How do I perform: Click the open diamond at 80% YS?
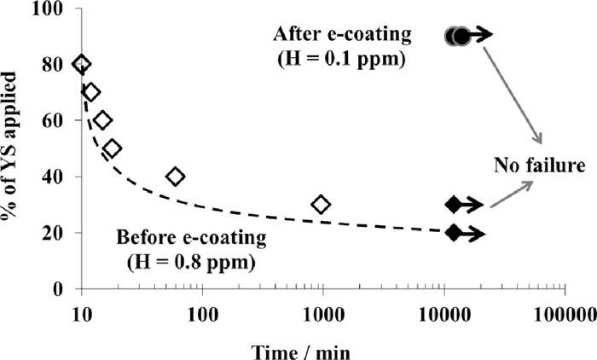(x=81, y=64)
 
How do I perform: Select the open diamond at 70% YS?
(x=91, y=92)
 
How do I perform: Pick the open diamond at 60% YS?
(x=102, y=120)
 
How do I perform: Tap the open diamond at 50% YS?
(x=112, y=148)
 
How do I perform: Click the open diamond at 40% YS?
(x=176, y=177)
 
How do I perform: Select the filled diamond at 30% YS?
(x=454, y=205)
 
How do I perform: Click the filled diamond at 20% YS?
(x=454, y=233)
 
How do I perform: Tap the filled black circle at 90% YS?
(x=461, y=36)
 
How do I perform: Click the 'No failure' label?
(x=531, y=165)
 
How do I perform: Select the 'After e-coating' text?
(x=342, y=35)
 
